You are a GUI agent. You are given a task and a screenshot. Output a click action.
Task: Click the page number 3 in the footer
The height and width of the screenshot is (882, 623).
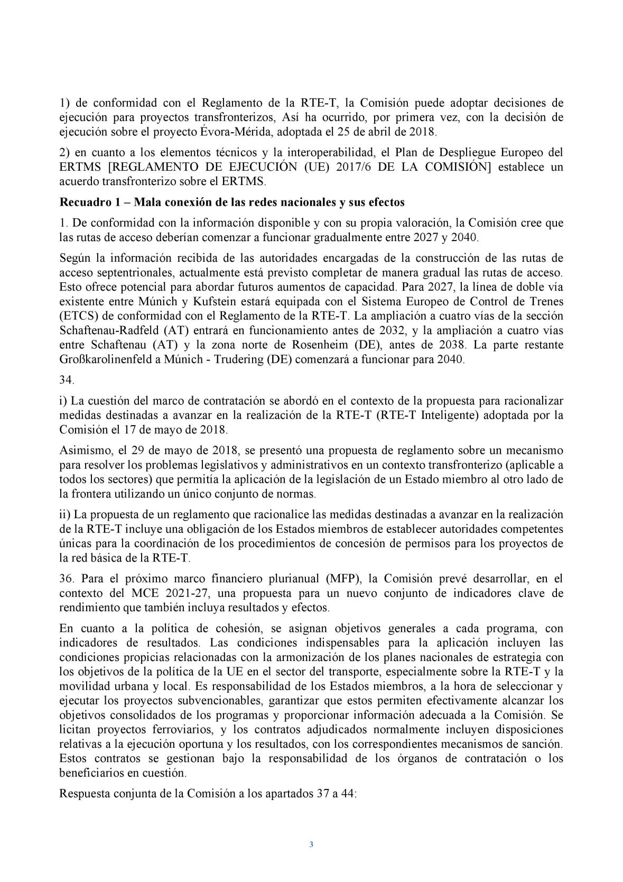point(311,844)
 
